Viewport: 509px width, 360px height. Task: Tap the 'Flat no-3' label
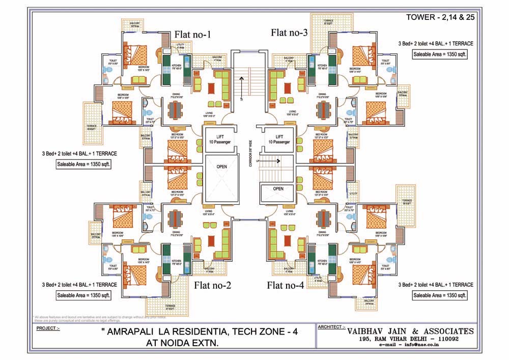point(289,33)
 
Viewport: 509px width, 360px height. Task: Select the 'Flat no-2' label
point(213,285)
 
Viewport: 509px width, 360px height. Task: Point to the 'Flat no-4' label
point(285,285)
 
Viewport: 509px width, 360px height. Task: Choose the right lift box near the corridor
point(279,140)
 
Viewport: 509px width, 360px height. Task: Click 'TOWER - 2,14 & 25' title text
point(438,17)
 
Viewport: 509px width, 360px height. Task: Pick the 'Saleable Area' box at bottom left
point(83,295)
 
